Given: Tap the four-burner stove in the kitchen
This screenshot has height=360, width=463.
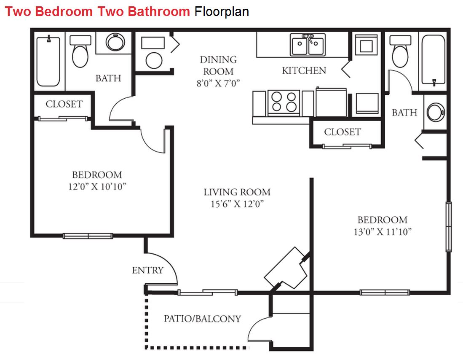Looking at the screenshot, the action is tap(284, 102).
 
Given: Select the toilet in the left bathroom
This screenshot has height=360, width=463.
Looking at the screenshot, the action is tap(80, 51).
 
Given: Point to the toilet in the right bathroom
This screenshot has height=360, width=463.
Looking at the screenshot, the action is tap(400, 51).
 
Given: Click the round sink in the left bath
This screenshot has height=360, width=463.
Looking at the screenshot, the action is tap(115, 42).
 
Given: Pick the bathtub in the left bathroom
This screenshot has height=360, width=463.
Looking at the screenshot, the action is tap(48, 61).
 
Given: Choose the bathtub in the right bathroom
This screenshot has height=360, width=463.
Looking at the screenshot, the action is tap(433, 60).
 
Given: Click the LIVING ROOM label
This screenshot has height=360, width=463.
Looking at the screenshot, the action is tap(237, 192).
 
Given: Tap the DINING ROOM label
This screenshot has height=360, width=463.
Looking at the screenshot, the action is tap(218, 66).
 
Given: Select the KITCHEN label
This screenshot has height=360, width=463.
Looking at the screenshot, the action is tap(304, 71).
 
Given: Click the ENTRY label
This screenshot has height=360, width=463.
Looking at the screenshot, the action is tap(147, 270).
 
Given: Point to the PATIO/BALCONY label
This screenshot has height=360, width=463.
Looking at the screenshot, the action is tap(203, 319).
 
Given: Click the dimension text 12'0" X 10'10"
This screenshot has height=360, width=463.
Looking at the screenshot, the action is tap(97, 187).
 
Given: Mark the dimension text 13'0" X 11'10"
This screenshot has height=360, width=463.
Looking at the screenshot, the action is tap(383, 232).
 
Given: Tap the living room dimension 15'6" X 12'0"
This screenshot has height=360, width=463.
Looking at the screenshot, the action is tap(237, 204).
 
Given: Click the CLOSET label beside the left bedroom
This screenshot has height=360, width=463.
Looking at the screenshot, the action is tap(64, 104).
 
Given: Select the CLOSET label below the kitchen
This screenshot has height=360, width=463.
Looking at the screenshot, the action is tap(343, 132).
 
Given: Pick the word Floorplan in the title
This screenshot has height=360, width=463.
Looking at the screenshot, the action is tap(222, 11).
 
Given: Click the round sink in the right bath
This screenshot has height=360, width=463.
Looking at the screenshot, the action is tap(435, 112).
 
